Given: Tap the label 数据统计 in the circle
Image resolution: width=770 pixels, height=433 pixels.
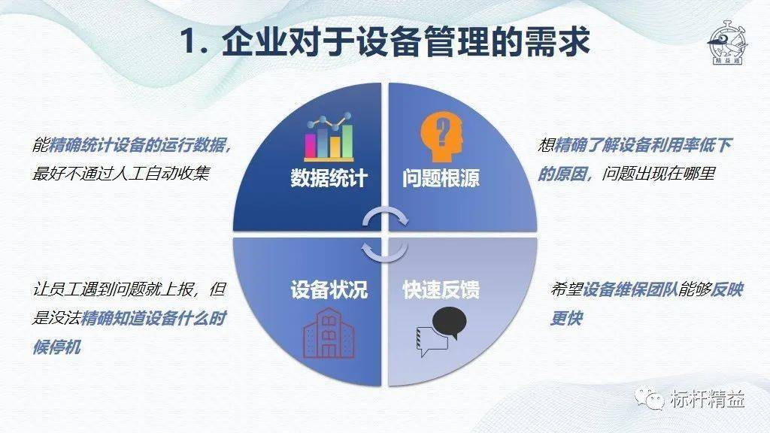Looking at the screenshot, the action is pyautogui.click(x=329, y=177).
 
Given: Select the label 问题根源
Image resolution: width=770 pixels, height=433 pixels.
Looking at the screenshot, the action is pyautogui.click(x=441, y=177).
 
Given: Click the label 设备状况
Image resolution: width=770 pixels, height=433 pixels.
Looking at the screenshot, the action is pyautogui.click(x=329, y=289).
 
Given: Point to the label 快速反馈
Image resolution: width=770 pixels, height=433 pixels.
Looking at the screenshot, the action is pyautogui.click(x=441, y=289).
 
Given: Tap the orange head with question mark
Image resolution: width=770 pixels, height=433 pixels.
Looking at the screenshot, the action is pyautogui.click(x=441, y=137).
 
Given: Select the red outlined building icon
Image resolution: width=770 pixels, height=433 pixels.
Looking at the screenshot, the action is pyautogui.click(x=329, y=333).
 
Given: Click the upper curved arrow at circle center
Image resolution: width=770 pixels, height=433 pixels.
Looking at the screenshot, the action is pyautogui.click(x=386, y=218).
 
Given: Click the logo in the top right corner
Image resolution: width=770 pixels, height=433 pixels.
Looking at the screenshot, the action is pyautogui.click(x=727, y=43).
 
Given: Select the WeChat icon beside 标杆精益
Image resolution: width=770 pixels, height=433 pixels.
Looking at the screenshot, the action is pyautogui.click(x=649, y=398).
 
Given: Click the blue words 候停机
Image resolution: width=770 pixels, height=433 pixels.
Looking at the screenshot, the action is pyautogui.click(x=56, y=347).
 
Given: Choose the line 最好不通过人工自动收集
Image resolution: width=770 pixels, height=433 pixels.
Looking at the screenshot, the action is pyautogui.click(x=121, y=174).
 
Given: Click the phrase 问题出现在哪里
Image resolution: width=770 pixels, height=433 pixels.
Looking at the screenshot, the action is pyautogui.click(x=659, y=174).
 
